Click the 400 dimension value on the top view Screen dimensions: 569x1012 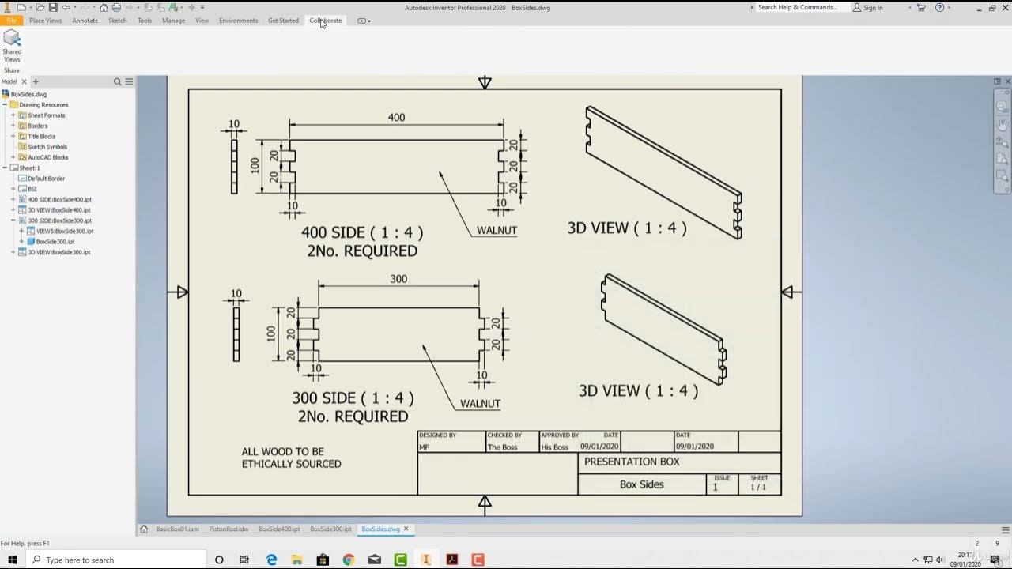coord(396,118)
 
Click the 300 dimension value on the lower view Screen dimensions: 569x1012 coord(398,279)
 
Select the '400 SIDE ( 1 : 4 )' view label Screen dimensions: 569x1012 coord(362,233)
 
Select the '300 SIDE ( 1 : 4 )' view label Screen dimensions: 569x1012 coord(353,398)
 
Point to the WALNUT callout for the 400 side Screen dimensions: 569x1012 coord(497,231)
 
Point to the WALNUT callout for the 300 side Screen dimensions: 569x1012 coord(480,404)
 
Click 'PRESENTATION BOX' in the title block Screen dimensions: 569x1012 coord(631,462)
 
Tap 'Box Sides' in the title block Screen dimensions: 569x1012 coord(641,484)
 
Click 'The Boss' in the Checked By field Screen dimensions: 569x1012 coord(503,447)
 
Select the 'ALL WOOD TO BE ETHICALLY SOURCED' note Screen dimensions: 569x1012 coord(291,458)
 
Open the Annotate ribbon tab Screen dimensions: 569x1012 coord(85,21)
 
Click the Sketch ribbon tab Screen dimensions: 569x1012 coord(117,21)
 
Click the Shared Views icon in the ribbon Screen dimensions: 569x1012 coord(12,46)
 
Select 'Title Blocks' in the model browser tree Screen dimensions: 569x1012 coord(41,137)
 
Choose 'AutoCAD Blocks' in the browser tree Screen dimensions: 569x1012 coord(47,157)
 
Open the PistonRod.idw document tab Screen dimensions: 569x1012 coord(228,529)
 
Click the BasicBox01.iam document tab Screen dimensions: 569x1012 coord(176,529)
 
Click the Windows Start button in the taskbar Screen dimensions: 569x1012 coord(13,560)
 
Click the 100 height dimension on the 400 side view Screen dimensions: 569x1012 coord(255,165)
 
